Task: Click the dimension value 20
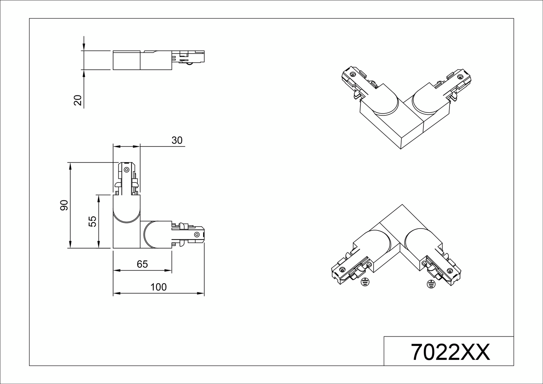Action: tap(78, 100)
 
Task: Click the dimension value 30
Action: tap(176, 140)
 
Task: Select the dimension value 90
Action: tap(64, 205)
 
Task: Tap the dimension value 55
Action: tap(92, 221)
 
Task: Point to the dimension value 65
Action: tap(142, 264)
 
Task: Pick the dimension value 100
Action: tap(158, 287)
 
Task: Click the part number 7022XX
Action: tap(450, 352)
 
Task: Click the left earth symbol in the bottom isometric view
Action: tap(364, 282)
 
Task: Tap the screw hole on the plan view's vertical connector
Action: tap(126, 169)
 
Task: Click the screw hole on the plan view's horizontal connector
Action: tap(196, 235)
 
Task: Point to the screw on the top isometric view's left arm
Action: tap(352, 74)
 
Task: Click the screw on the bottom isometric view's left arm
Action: tap(342, 269)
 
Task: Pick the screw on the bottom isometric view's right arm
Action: tap(449, 270)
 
